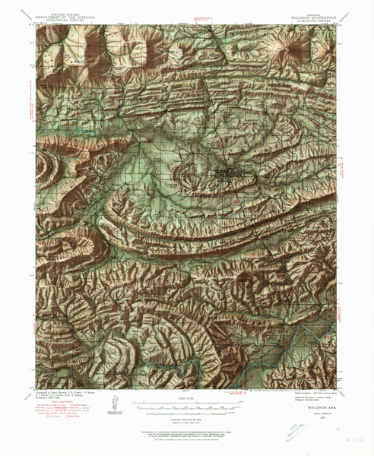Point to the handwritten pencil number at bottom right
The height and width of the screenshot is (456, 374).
pos(335,439)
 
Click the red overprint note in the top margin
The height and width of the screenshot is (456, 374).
pos(199,16)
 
